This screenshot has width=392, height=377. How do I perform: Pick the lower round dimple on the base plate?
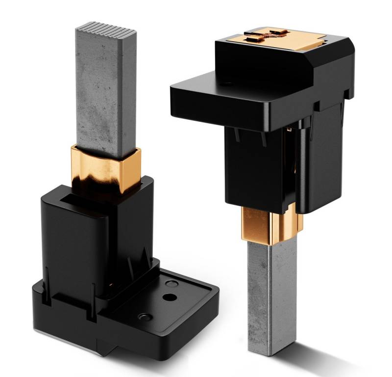pyautogui.click(x=146, y=317)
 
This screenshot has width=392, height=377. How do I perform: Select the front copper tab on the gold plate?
pyautogui.click(x=252, y=39)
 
